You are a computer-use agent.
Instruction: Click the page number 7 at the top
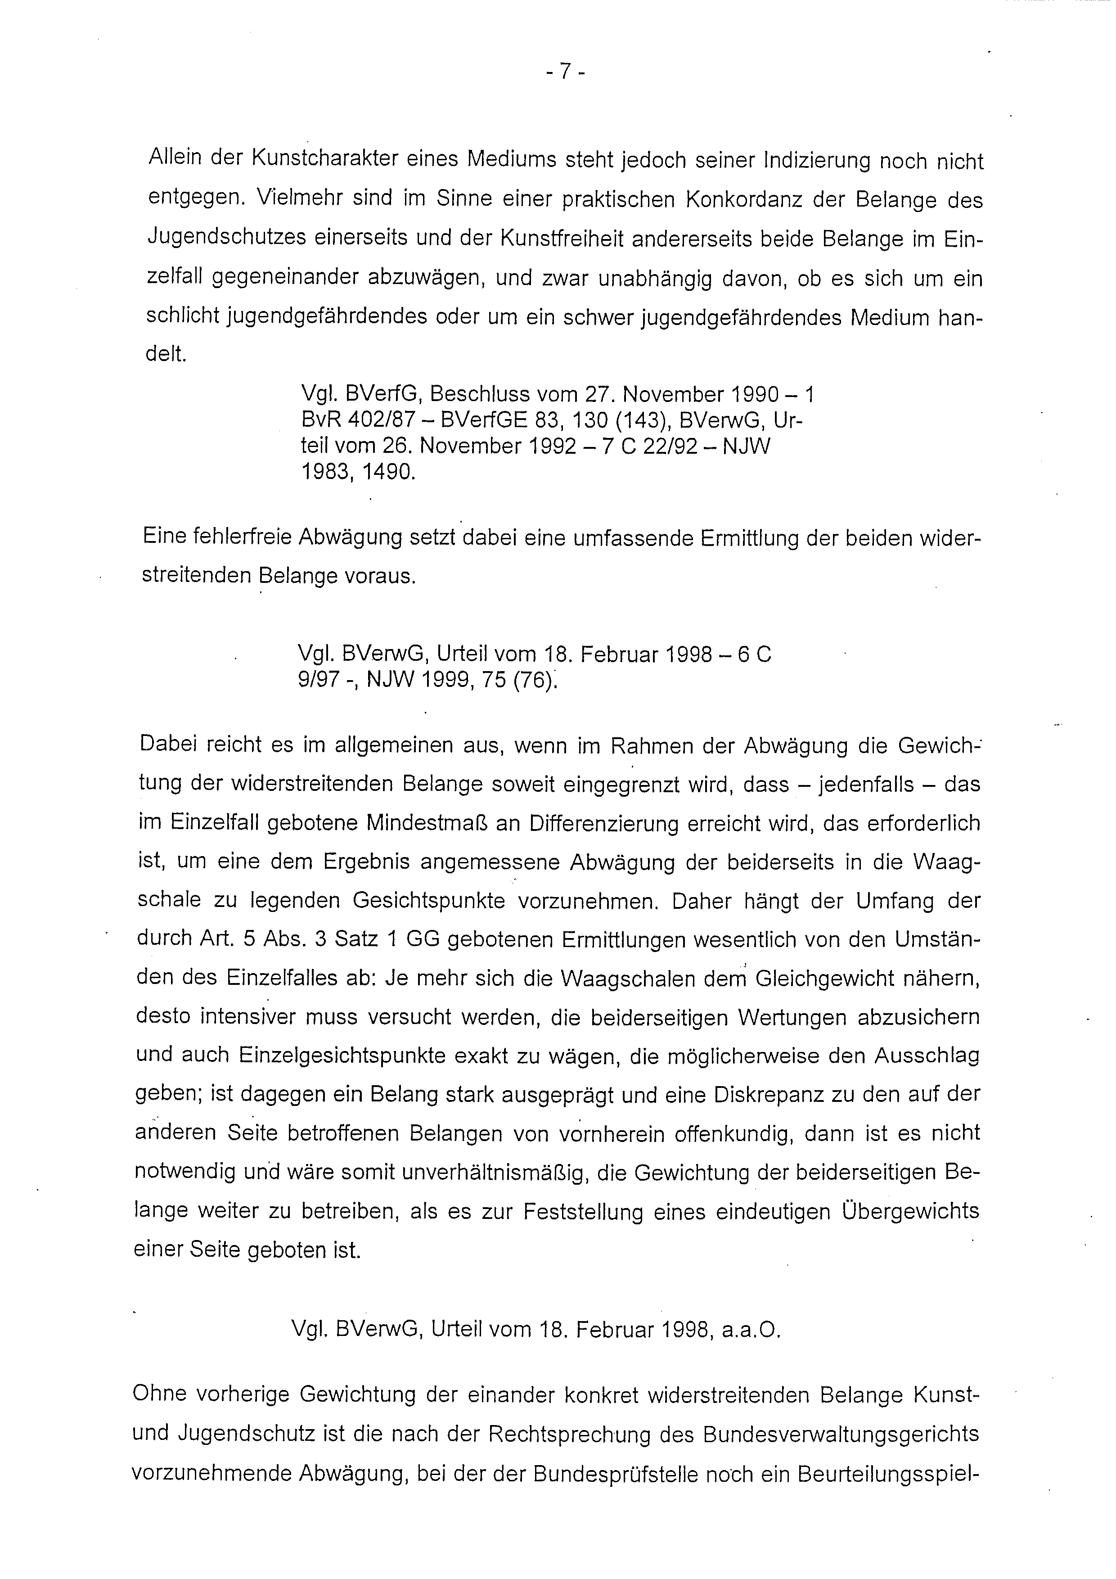coord(563,72)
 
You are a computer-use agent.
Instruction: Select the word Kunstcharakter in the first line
coord(322,159)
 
